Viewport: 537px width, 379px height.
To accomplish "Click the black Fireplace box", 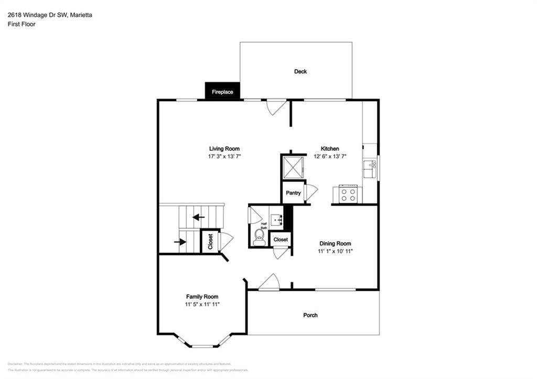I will coord(222,91).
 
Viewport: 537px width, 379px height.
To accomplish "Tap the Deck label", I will coord(300,71).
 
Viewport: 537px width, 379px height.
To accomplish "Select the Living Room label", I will coord(224,149).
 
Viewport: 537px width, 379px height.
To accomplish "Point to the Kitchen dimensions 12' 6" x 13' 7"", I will coord(330,157).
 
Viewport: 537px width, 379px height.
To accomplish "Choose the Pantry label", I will coord(293,193).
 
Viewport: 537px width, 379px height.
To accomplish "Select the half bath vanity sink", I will coord(276,219).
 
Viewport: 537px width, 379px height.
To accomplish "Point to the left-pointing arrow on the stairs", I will coord(198,216).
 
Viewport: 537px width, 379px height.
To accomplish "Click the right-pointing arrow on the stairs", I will coord(180,242).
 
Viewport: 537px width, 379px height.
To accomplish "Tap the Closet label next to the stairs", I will coord(210,242).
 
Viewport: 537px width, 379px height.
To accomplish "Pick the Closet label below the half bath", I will coord(281,240).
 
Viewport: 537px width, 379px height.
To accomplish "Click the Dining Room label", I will coord(335,243).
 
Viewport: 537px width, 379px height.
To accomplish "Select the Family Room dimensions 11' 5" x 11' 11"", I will coord(202,304).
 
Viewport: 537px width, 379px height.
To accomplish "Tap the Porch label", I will coord(310,315).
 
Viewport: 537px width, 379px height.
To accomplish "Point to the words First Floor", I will coord(22,24).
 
